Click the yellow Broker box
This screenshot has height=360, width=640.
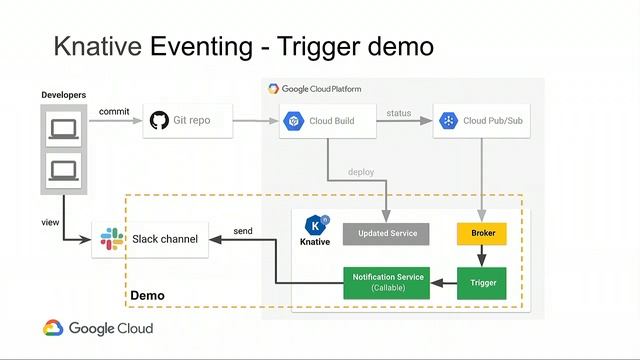click(482, 234)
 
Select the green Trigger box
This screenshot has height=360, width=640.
click(482, 283)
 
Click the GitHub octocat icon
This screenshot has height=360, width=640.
click(158, 121)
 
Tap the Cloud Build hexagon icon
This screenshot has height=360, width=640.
click(294, 121)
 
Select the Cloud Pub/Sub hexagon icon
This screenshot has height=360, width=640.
click(448, 121)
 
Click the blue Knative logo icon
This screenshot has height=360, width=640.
click(316, 224)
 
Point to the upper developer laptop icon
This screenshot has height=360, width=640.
click(63, 128)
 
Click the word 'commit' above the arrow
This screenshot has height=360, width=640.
click(113, 111)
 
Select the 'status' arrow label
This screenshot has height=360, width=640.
click(398, 113)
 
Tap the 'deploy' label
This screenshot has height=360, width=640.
click(360, 171)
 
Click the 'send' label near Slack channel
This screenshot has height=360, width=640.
click(242, 231)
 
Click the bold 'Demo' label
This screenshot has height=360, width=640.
click(147, 296)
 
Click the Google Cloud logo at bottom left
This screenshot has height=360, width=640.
click(97, 328)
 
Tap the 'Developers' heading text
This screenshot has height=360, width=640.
click(63, 95)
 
